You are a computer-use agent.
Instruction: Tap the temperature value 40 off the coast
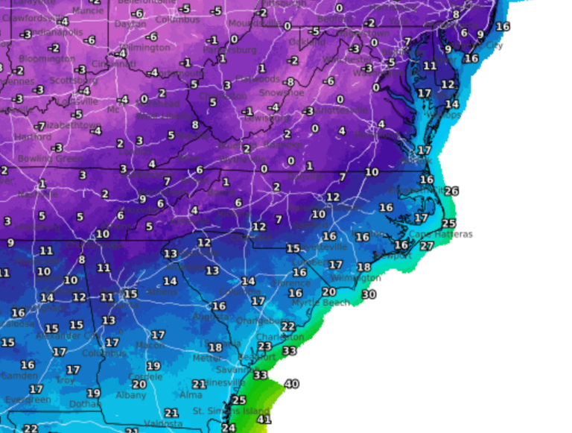pos(291,384)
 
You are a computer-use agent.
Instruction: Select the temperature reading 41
pos(263,420)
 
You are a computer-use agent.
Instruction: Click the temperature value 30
pos(369,294)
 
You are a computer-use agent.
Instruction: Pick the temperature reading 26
pos(451,191)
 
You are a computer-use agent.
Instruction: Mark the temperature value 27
pos(426,246)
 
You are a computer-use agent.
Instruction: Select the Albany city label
pos(131,395)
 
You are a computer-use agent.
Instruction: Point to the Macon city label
pos(150,345)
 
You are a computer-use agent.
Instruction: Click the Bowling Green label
pos(42,159)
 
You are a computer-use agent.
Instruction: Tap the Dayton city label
pos(130,24)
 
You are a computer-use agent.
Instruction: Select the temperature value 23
pos(264,346)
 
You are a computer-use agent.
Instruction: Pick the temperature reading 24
pos(229,428)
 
